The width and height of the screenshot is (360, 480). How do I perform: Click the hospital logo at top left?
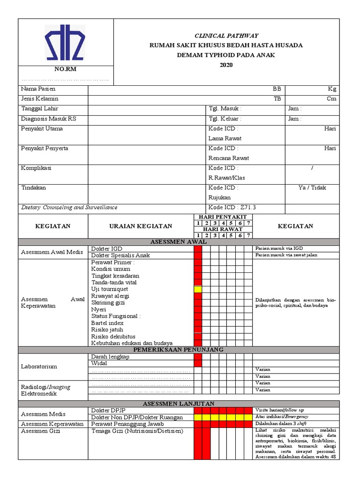coord(65,43)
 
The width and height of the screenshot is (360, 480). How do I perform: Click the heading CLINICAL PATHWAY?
coord(226,36)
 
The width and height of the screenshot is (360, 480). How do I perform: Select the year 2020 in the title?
coord(226,65)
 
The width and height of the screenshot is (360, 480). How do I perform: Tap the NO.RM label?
coord(65,69)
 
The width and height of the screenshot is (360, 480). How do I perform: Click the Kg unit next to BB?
coord(332,89)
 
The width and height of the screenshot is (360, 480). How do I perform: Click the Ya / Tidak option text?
coord(312,188)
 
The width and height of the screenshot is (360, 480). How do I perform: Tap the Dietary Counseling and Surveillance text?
coord(69,208)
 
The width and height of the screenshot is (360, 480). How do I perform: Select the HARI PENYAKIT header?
coord(223,217)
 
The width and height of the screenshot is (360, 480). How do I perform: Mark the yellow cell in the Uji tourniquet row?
coord(198,290)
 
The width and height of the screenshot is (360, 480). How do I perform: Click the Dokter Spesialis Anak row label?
coord(120,255)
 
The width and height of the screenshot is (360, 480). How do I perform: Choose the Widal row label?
coord(99,363)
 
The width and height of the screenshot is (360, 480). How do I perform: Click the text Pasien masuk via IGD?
coord(279,248)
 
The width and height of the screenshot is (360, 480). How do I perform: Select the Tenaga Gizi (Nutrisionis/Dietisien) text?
coord(137,431)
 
